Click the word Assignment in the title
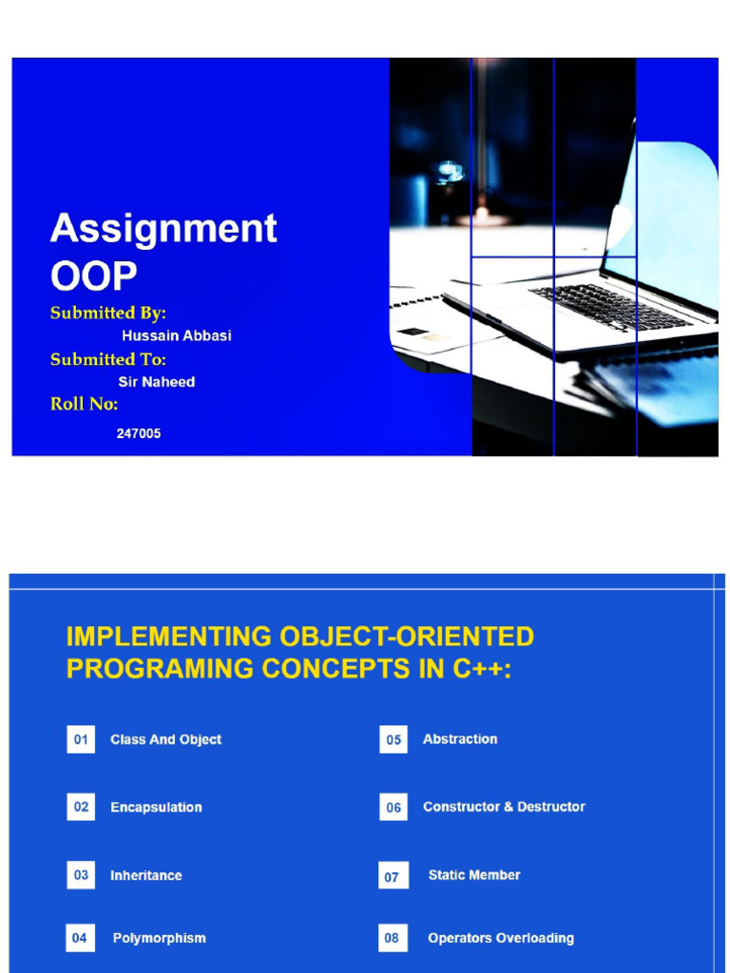pos(163,229)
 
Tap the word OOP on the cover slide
pos(93,276)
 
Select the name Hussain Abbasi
pos(176,335)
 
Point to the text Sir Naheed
pos(156,382)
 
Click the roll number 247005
pos(139,433)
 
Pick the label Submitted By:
pos(108,313)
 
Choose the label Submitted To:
pos(108,359)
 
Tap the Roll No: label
pos(85,404)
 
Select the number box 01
pos(81,739)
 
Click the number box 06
pos(394,808)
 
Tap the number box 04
pos(80,938)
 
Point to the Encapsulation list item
pos(156,808)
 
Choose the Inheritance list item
pos(146,875)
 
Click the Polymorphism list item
pos(159,938)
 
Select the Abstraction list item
pos(460,738)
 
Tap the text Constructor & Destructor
pos(504,807)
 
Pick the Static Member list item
pos(474,875)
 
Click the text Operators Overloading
pos(501,938)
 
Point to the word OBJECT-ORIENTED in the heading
pos(407,637)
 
